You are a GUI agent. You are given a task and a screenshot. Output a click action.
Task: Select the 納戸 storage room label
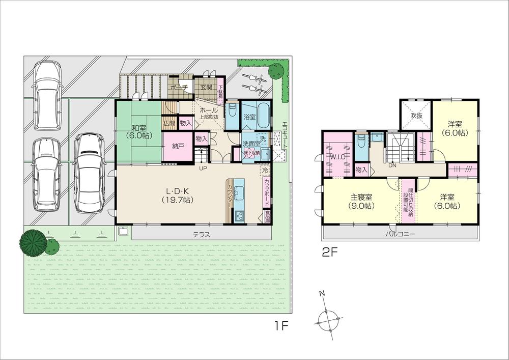pos(178,146)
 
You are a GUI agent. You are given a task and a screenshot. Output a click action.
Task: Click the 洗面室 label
pos(251,144)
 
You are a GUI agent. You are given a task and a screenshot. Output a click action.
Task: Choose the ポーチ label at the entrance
pos(179,88)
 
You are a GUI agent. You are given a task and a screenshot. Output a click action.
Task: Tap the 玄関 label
pos(206,88)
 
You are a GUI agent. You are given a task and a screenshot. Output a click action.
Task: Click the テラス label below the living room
pos(202,235)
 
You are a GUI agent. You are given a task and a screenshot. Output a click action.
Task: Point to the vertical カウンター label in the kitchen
pos(230,196)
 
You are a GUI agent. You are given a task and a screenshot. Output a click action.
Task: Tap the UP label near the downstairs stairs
pos(203,168)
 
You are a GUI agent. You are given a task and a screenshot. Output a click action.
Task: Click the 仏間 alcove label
pos(169,123)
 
